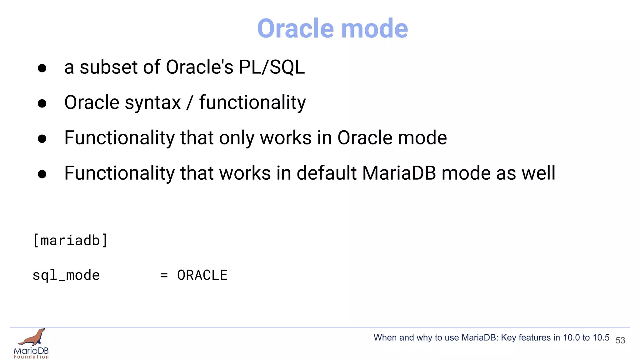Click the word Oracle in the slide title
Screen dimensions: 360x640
click(x=295, y=28)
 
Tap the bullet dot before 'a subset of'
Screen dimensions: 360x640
click(x=42, y=68)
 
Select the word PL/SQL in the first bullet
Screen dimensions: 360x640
click(x=272, y=67)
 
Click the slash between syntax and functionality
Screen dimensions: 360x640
click(x=189, y=102)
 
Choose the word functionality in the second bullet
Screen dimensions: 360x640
click(x=252, y=102)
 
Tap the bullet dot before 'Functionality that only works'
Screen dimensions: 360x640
click(x=42, y=139)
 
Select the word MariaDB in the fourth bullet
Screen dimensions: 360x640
click(x=399, y=173)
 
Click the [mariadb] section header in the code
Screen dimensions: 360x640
click(x=70, y=241)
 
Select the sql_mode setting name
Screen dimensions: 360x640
click(x=66, y=275)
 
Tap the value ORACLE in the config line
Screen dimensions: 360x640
click(x=202, y=275)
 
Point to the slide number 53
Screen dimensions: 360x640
click(x=620, y=340)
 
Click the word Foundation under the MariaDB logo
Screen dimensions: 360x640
click(x=31, y=357)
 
